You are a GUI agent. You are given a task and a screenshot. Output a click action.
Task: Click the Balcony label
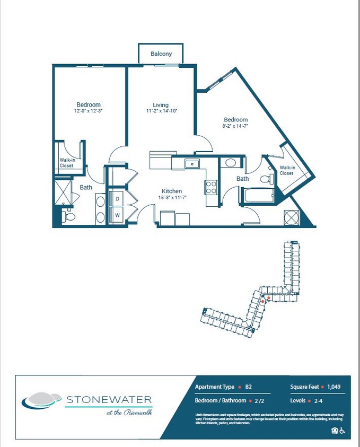161,54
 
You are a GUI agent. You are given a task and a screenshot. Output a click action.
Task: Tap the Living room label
161,105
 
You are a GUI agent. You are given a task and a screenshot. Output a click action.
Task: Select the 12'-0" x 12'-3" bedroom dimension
89,111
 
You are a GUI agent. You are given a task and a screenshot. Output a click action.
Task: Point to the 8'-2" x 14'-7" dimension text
235,126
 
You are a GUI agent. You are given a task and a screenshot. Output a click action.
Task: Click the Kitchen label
172,191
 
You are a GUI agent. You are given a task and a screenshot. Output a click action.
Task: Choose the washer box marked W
117,215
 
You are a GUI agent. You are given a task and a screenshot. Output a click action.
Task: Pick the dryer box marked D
117,199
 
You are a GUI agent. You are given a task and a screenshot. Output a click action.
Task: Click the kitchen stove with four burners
211,187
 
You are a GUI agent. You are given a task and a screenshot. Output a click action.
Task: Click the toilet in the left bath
68,216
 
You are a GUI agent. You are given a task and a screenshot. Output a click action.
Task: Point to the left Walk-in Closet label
67,163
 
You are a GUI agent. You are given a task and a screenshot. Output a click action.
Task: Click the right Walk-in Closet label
286,171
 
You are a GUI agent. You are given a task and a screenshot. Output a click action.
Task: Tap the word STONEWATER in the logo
109,399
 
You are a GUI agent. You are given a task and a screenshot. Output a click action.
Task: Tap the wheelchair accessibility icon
343,431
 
